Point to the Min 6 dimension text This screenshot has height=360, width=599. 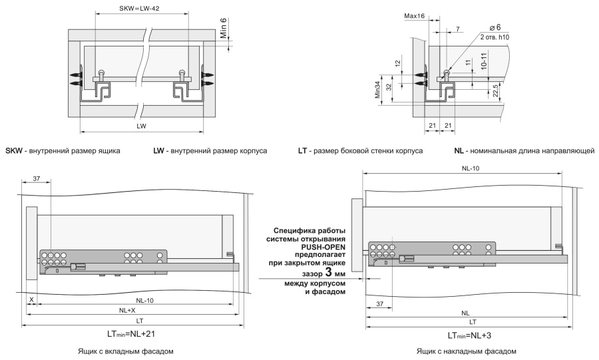pos(223,28)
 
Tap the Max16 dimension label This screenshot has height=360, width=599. pos(414,16)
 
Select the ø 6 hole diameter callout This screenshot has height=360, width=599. pos(495,27)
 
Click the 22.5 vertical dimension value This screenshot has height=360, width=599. pos(495,91)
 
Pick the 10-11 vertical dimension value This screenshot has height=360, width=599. pos(484,61)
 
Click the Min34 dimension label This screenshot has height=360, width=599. pos(378,90)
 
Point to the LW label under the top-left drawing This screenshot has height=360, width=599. pos(141,126)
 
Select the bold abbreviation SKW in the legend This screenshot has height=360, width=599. pos(14,151)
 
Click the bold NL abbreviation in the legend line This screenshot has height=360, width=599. pos(459,151)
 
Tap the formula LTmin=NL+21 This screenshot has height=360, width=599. pos(131,333)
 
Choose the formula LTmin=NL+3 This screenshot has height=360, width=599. pos(469,335)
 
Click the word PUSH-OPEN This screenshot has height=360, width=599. pos(325,247)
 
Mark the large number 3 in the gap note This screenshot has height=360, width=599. pos(329,273)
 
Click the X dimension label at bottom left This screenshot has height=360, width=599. pos(32,300)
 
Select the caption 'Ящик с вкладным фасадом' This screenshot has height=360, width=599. pos(126,351)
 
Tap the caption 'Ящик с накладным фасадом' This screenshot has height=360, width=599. pos(467,351)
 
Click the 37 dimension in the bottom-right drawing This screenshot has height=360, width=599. pos(379,304)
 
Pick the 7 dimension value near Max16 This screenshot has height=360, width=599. pos(458,29)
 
